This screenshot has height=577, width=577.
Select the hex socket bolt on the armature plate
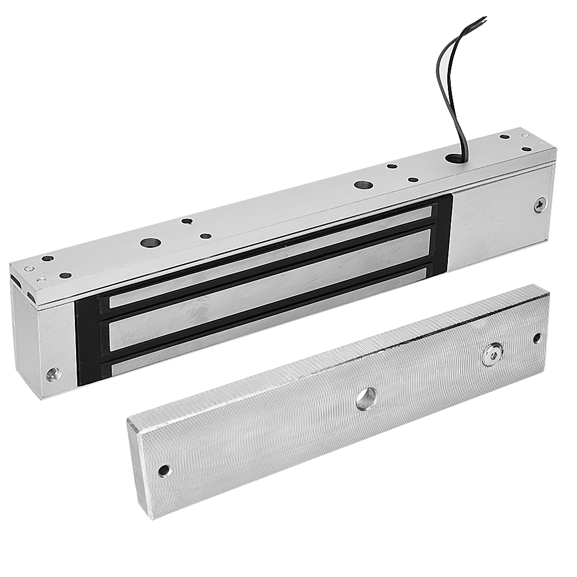pyautogui.click(x=492, y=355)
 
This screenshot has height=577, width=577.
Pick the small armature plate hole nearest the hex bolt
pyautogui.click(x=537, y=338)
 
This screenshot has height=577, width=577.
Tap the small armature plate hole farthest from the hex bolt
pyautogui.click(x=165, y=470)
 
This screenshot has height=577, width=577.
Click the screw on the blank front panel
pyautogui.click(x=540, y=205)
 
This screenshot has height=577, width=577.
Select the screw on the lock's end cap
pyautogui.click(x=54, y=374)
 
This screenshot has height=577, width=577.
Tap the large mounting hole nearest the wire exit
pyautogui.click(x=363, y=186)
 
